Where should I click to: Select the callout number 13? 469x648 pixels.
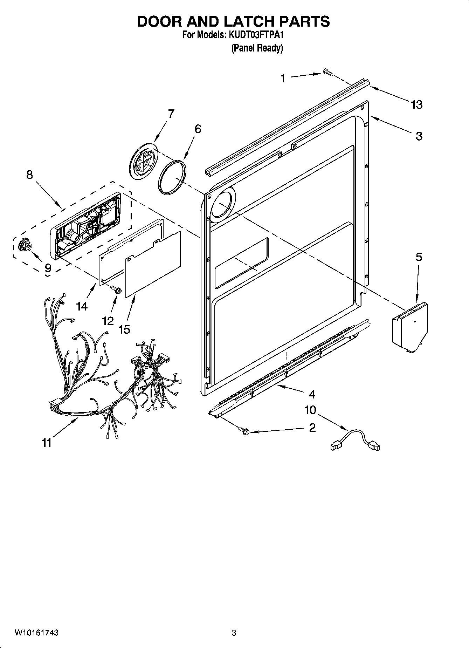416,104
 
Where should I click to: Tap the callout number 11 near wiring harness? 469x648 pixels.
47,443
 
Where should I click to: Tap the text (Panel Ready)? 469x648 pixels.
257,48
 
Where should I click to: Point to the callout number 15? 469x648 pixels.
124,329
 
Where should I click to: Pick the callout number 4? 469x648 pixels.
312,394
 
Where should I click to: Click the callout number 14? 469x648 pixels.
82,306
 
